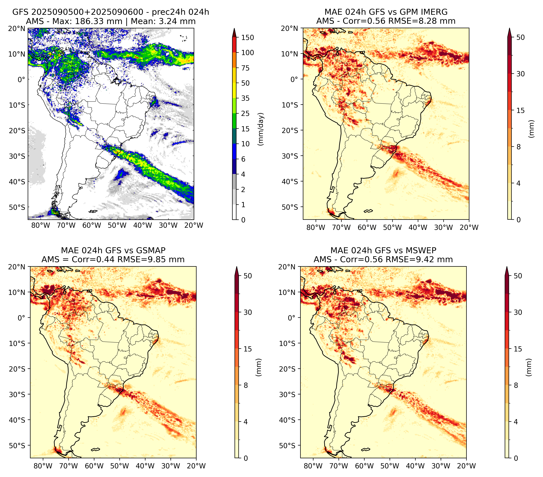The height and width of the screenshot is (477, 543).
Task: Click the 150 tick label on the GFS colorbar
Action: coord(247,38)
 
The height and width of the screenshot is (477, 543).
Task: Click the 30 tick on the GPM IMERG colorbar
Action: coord(520,74)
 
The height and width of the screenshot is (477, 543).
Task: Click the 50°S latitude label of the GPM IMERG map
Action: coord(290,207)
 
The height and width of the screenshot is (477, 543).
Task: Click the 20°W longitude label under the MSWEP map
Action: coord(466,466)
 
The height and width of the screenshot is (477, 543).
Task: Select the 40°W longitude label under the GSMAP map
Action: coord(145,466)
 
